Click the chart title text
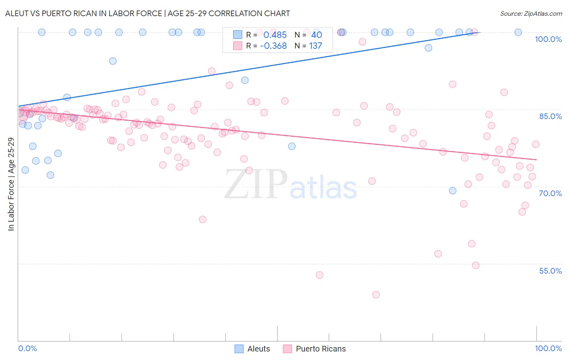[x=148, y=13]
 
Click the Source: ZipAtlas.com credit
[x=531, y=13]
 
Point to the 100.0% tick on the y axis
[x=548, y=39]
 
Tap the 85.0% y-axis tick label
[x=550, y=116]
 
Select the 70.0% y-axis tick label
[x=550, y=193]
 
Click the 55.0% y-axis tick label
[x=550, y=271]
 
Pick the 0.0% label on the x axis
[x=27, y=348]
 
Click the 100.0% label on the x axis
[x=548, y=348]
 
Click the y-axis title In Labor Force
[x=11, y=184]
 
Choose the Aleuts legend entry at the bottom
[x=252, y=349]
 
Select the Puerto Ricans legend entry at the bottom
[x=315, y=349]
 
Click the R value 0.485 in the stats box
[x=275, y=35]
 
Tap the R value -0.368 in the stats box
[x=273, y=46]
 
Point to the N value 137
[x=316, y=46]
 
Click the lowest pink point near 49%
[x=376, y=295]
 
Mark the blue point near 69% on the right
[x=452, y=190]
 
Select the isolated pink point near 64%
[x=202, y=220]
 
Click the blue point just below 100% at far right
[x=428, y=48]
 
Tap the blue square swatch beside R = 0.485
[x=238, y=35]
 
